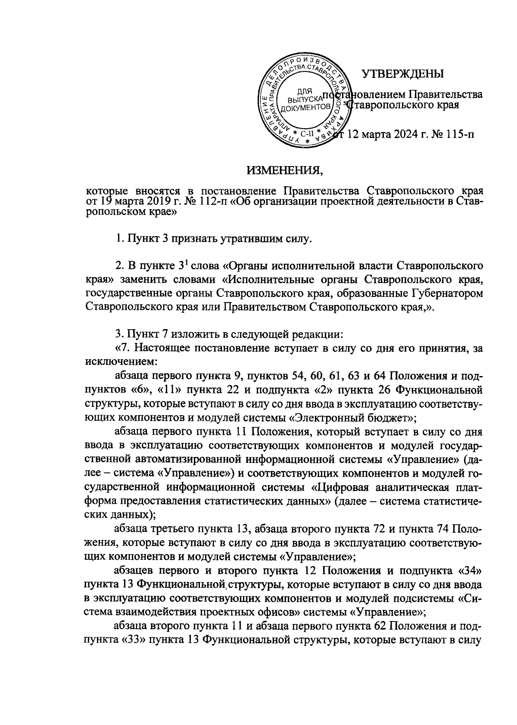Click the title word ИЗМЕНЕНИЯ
(285, 171)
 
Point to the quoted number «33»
(134, 640)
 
